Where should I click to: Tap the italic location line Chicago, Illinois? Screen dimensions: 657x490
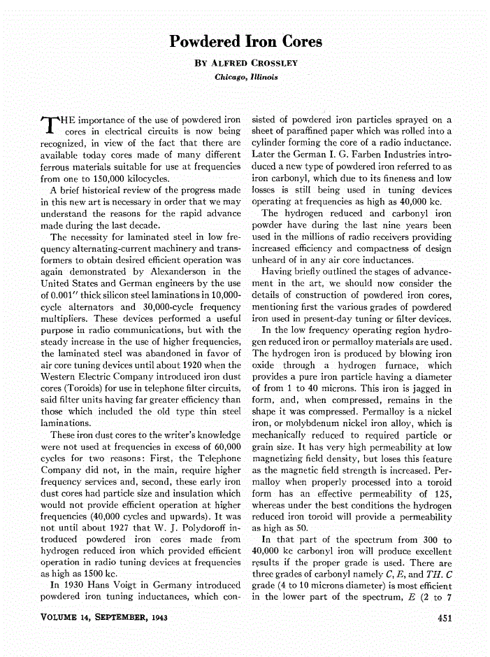246,77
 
